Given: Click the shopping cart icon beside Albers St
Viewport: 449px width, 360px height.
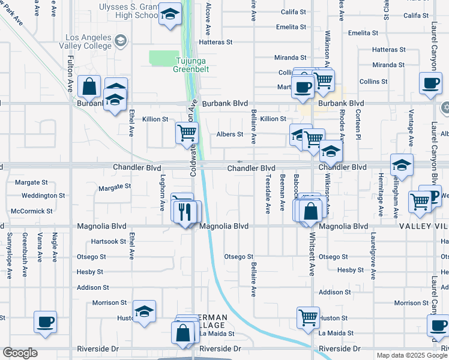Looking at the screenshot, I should (187, 133).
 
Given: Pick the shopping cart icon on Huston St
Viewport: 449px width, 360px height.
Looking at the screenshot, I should (308, 317).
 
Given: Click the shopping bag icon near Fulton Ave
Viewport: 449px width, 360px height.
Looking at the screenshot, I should (89, 86).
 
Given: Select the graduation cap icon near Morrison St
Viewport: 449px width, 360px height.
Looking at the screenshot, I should (144, 311).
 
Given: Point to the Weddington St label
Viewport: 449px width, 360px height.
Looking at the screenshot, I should (43, 196).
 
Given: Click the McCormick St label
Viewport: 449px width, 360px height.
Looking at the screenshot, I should (37, 211).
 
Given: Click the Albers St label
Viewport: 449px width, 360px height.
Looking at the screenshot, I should (230, 134).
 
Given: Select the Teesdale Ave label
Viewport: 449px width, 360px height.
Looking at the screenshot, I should (268, 193).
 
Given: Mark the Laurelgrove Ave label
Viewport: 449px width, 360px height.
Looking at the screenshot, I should (373, 256).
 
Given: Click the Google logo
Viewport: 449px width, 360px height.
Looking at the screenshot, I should (20, 353).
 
